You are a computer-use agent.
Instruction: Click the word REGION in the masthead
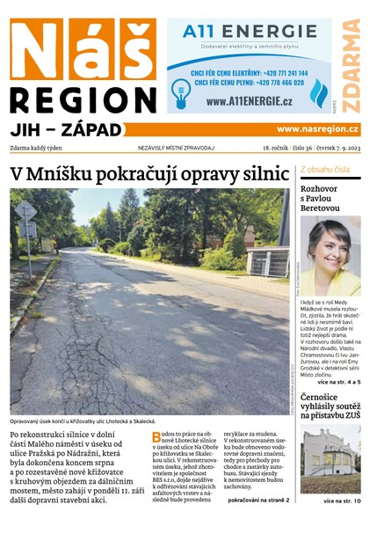(x=83, y=98)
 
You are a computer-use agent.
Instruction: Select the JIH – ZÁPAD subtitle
(x=66, y=129)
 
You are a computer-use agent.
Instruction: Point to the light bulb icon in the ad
(x=181, y=91)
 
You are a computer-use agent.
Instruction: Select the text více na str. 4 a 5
(x=338, y=383)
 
